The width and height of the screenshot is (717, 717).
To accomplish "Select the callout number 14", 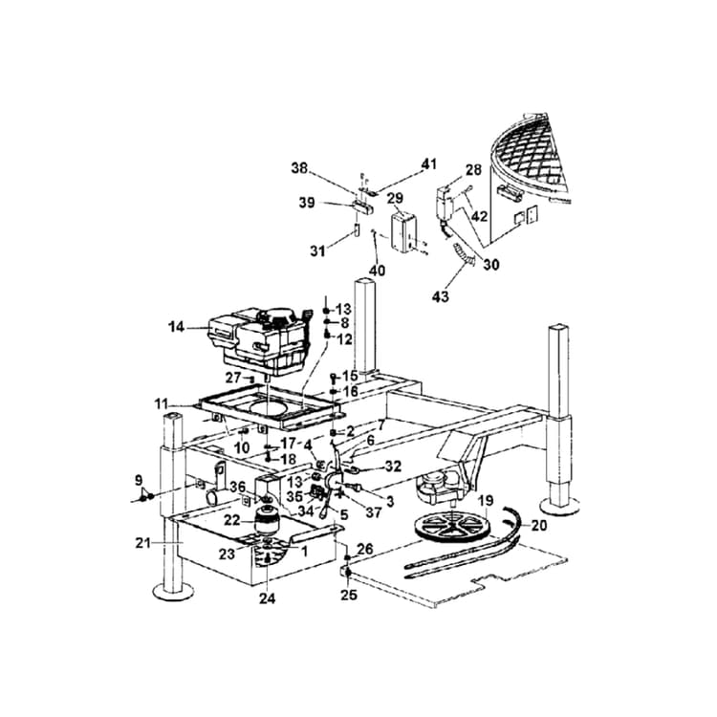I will tap(175, 327).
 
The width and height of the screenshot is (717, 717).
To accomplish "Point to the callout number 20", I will tap(538, 526).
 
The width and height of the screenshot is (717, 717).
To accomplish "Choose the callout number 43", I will tap(441, 297).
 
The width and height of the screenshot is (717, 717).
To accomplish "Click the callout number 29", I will tap(395, 197).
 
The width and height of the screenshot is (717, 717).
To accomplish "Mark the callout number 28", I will tap(473, 169).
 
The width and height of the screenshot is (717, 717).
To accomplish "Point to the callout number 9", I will tap(138, 479).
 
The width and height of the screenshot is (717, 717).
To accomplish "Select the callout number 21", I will tap(143, 543).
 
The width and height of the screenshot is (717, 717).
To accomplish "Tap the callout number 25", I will tap(349, 595).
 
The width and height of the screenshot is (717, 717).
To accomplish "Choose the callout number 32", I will tap(393, 467).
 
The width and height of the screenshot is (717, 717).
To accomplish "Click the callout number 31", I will tap(316, 250).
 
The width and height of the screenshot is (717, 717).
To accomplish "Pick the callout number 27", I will tap(233, 378).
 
